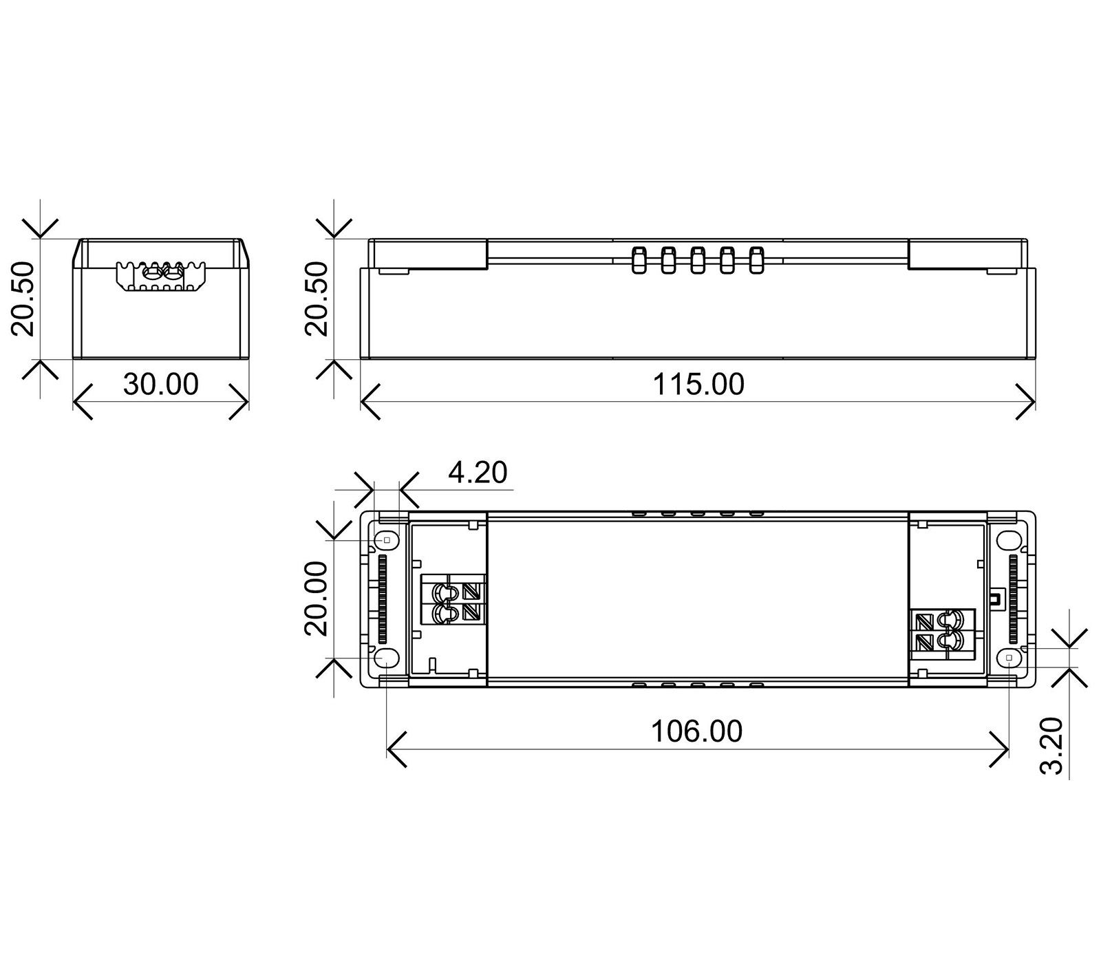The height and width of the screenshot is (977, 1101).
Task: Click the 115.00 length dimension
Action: [698, 385]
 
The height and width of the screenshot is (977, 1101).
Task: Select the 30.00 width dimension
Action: [161, 384]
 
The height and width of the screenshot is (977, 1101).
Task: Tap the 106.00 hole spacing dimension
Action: [697, 731]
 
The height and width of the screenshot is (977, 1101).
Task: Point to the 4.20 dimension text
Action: [478, 473]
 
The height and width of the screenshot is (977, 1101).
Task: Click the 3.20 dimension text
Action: [1052, 746]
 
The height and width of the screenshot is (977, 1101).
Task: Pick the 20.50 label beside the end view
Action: [25, 298]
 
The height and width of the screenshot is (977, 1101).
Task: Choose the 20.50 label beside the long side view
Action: [318, 298]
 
